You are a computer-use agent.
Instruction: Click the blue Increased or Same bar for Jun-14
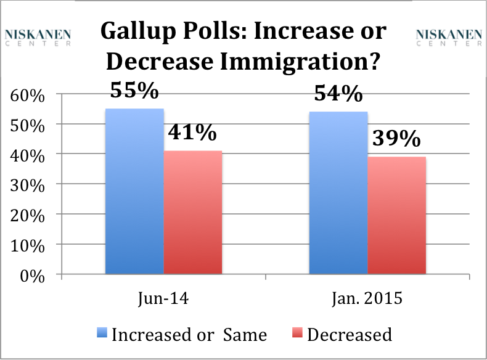(x=134, y=191)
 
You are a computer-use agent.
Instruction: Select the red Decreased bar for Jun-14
(x=193, y=213)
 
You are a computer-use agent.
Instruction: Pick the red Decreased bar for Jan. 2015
(x=396, y=216)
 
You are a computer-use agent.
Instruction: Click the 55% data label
(x=134, y=91)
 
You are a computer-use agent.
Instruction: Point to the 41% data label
(x=193, y=133)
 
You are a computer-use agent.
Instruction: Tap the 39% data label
(x=397, y=139)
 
